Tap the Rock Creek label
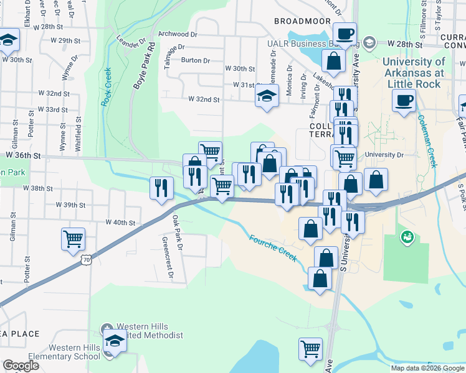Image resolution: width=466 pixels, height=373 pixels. [x=107, y=86]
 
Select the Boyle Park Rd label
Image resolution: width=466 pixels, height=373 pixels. [x=143, y=73]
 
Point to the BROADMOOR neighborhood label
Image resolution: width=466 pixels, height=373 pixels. [x=302, y=21]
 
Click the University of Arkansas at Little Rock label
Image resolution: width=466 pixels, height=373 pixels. [x=414, y=72]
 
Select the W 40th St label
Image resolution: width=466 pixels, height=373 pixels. [x=120, y=222]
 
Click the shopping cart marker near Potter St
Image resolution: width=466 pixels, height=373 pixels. [x=74, y=237]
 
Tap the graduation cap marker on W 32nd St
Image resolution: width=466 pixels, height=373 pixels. [x=267, y=97]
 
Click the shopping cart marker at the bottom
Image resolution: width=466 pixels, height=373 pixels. [x=310, y=348]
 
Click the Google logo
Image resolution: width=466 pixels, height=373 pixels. [x=21, y=366]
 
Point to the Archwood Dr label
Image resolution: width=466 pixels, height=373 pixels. [x=178, y=34]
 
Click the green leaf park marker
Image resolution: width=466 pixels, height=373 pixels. [x=407, y=237]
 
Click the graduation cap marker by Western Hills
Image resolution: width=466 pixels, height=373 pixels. [x=114, y=340]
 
